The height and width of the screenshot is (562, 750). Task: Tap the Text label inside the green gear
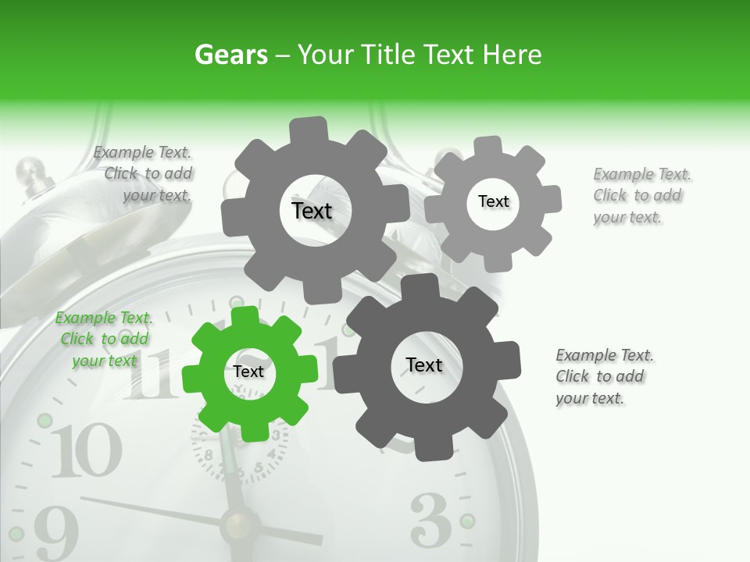(248, 372)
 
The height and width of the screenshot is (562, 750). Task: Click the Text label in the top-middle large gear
(312, 211)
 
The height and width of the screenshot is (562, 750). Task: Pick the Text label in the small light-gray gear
(493, 201)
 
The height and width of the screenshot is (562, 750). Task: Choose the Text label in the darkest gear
(424, 365)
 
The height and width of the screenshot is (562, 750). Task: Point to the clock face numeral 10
(87, 453)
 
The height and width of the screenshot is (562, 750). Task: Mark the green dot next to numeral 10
(45, 421)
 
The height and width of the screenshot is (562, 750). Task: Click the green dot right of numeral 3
(467, 521)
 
